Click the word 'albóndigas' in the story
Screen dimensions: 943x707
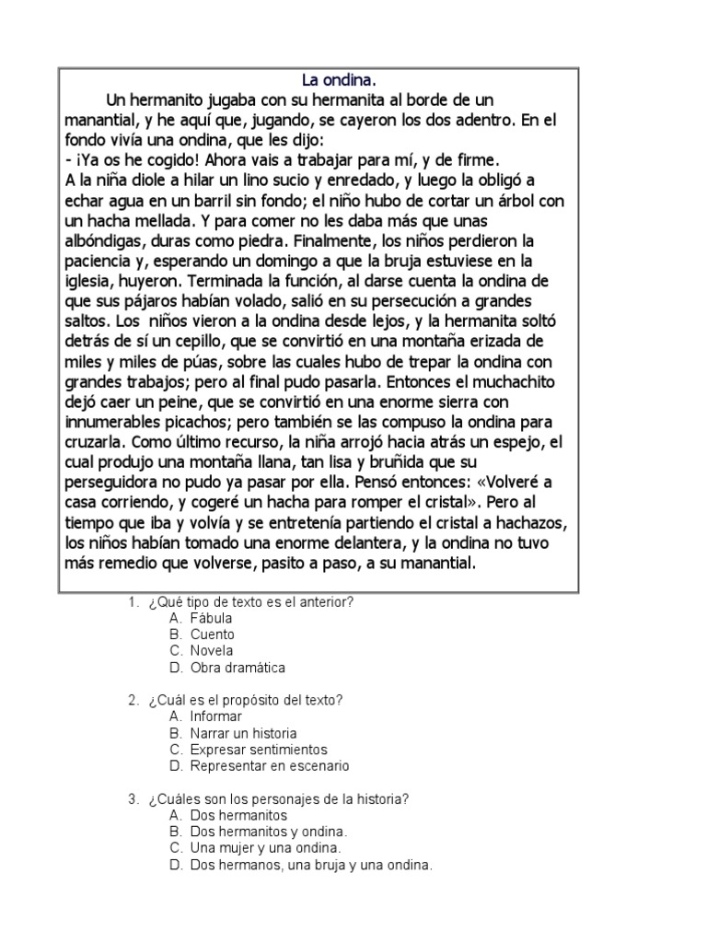click(110, 241)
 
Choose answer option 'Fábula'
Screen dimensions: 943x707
click(211, 619)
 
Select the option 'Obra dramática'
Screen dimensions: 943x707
click(238, 668)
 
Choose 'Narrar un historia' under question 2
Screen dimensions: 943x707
click(243, 734)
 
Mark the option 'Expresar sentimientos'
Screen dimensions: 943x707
click(259, 750)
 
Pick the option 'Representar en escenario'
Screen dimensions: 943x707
click(270, 766)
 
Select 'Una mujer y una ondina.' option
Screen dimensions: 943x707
click(266, 848)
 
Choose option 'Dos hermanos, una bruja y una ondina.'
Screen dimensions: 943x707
click(311, 866)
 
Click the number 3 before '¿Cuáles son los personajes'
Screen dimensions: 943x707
click(133, 798)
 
